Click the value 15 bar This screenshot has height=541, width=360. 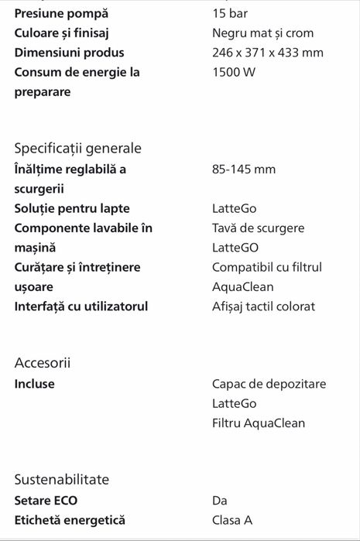coord(230,13)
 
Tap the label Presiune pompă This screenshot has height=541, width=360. coord(62,13)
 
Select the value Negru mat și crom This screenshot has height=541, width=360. coord(262,33)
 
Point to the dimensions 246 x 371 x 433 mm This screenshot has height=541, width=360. coord(268,53)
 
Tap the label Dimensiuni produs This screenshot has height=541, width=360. coord(69,53)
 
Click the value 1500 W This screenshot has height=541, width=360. coord(234,72)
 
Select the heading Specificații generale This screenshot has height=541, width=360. coord(78,148)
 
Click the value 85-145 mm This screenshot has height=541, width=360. coord(244,169)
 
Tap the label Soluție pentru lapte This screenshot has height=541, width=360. coord(72,208)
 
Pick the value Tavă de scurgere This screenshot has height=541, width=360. coord(258,228)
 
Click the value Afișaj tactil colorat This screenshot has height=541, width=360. coord(263,306)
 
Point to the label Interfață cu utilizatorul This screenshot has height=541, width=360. coord(81,306)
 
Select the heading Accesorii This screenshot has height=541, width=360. coord(48,363)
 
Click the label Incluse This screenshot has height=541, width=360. coord(35,384)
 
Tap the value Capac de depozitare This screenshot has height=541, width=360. coord(269,384)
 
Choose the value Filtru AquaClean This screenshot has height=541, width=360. coord(259,423)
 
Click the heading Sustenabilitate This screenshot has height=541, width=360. coord(62,479)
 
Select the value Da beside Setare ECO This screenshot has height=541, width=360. coord(220,500)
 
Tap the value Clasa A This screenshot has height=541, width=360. coord(232,520)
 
